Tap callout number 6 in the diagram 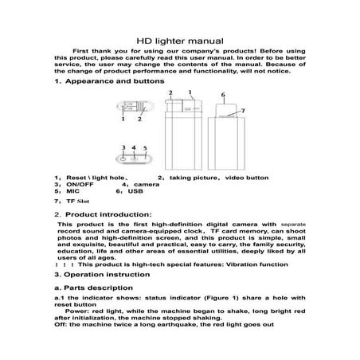click(223, 95)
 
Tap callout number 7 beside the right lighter click(242, 109)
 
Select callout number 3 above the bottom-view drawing click(123, 147)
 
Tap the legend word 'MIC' click(71, 192)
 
